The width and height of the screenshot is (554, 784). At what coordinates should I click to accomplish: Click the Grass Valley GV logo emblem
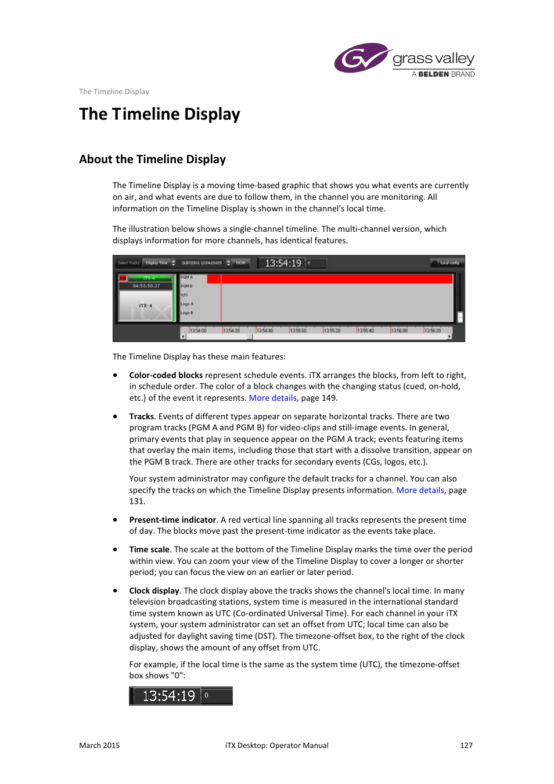tap(361, 58)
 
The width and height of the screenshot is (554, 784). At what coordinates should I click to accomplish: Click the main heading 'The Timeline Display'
tap(160, 114)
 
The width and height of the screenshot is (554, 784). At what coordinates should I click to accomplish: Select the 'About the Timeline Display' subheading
tap(152, 159)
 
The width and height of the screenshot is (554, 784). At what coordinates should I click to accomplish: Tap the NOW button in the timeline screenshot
tap(241, 263)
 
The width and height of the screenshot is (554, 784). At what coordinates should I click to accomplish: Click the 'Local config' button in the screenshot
tap(446, 263)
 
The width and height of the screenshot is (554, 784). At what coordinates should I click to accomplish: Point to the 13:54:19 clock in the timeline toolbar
tap(283, 263)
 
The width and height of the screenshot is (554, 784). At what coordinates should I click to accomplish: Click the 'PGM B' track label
tap(186, 286)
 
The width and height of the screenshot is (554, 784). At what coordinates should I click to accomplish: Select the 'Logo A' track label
tap(187, 304)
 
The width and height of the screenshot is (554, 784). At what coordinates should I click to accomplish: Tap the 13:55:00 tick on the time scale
tap(298, 330)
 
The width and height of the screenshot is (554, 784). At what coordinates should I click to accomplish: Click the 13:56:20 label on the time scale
tap(433, 330)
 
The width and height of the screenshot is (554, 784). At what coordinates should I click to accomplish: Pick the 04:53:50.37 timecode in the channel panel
tap(146, 286)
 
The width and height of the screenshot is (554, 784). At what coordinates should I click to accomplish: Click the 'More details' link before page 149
tap(272, 398)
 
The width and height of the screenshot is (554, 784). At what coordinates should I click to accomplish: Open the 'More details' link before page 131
tap(420, 490)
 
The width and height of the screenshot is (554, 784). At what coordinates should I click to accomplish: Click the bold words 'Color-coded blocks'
tap(166, 375)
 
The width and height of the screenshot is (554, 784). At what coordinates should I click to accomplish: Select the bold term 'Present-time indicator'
tap(172, 520)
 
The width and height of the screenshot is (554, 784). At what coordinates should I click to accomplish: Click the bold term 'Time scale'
tap(149, 549)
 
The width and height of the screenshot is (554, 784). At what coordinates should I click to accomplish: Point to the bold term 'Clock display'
tap(154, 591)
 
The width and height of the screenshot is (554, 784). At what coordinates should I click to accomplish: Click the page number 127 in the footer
tap(466, 745)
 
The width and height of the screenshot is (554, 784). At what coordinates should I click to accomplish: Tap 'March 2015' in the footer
tap(99, 745)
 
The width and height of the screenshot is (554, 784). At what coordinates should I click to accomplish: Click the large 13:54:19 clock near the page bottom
tap(168, 696)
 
